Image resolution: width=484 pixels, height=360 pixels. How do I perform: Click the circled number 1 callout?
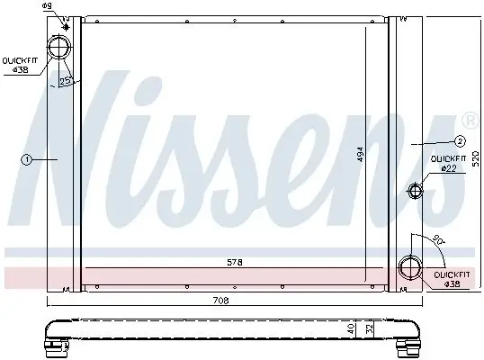(27, 159)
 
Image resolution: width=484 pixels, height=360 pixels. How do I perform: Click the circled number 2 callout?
(458, 140)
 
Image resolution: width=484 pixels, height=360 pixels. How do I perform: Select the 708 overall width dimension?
(220, 301)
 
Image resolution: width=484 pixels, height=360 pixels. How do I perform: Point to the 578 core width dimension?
(234, 261)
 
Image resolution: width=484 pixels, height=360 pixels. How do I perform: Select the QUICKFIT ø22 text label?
(446, 163)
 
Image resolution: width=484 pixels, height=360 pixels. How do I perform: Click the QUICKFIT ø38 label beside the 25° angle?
(18, 65)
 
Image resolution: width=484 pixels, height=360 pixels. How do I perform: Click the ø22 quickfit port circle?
(415, 190)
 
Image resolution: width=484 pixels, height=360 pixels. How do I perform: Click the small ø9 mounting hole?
(64, 19)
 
